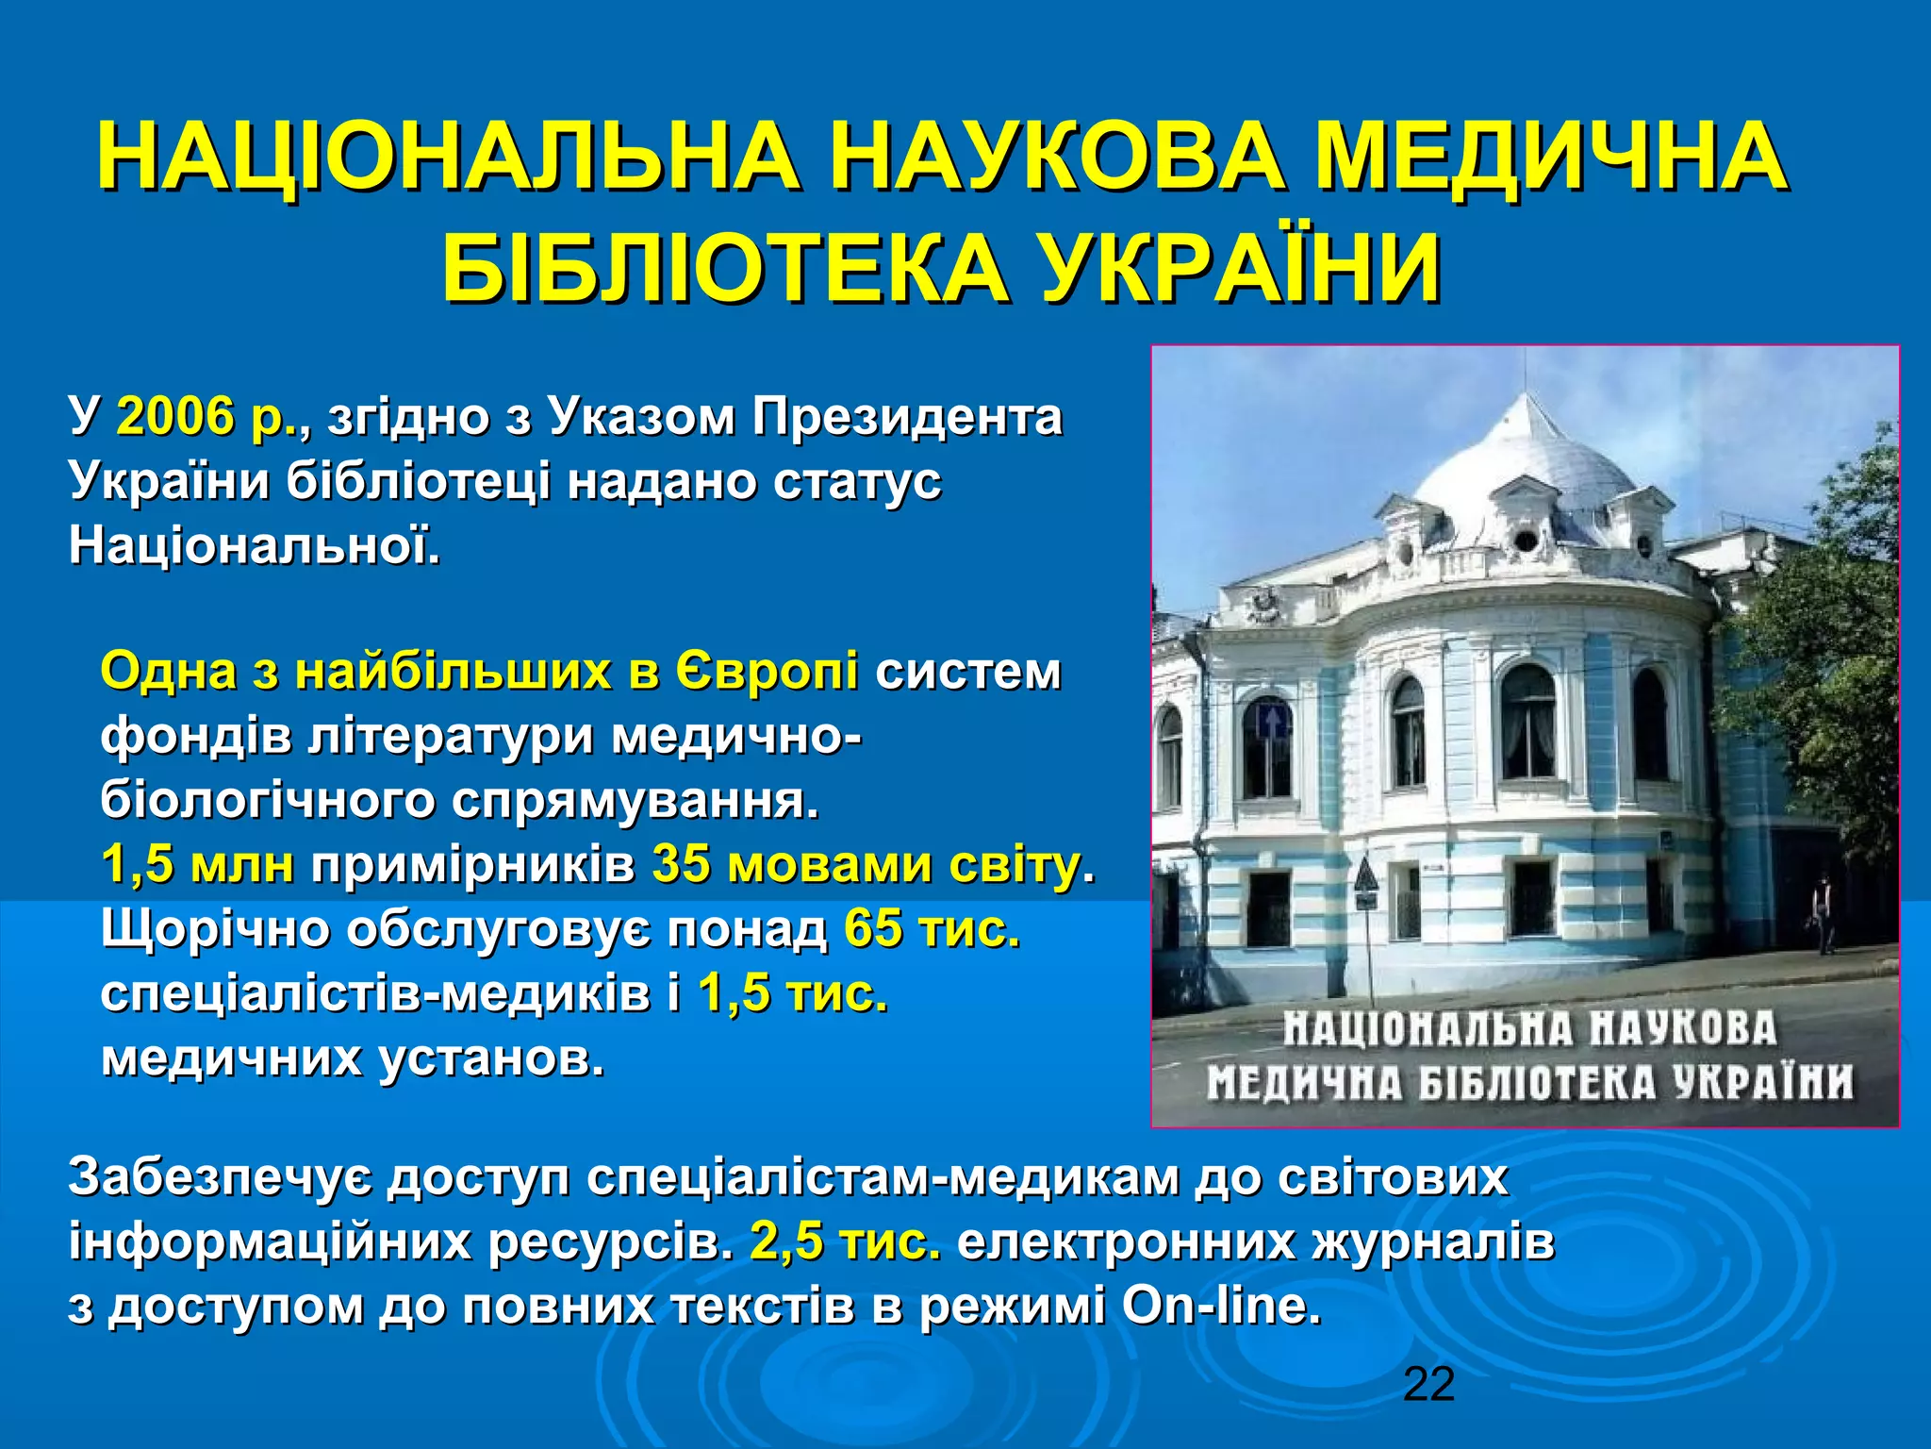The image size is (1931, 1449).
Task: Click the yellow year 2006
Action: click(175, 416)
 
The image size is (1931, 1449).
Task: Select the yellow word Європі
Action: click(766, 672)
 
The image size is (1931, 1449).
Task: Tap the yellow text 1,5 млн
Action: click(197, 864)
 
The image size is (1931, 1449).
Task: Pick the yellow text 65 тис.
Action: click(932, 929)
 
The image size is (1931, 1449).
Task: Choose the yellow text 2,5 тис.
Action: click(846, 1241)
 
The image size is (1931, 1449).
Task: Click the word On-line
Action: click(1221, 1306)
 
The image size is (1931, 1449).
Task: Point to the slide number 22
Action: click(1428, 1384)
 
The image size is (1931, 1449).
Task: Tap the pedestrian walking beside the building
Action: click(1824, 910)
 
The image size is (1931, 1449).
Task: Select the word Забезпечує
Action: click(222, 1177)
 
